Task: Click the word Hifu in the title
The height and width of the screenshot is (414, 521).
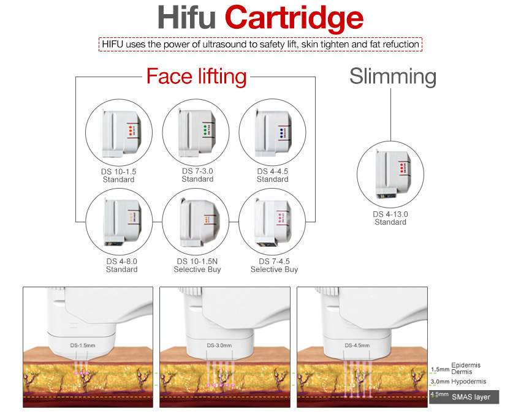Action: click(186, 18)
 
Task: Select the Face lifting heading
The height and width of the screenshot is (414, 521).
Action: click(196, 77)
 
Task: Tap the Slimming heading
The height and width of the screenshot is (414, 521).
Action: click(393, 77)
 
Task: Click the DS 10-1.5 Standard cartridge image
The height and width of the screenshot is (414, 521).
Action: click(119, 132)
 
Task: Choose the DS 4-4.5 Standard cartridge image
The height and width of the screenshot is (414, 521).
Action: click(272, 131)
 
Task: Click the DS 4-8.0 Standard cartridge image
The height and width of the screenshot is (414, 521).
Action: click(119, 220)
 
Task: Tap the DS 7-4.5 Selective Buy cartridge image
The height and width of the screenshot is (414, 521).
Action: click(272, 220)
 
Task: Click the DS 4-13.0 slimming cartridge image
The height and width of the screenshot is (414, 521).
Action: click(390, 173)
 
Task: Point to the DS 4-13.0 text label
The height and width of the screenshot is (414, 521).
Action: click(390, 214)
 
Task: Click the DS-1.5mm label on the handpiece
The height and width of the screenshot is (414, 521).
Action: click(82, 345)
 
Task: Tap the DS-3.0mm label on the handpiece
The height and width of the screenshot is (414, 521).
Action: click(219, 345)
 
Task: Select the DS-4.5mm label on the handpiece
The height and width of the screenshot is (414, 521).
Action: click(357, 345)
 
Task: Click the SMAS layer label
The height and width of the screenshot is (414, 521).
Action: click(471, 397)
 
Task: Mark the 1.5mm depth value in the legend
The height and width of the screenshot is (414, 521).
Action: click(439, 369)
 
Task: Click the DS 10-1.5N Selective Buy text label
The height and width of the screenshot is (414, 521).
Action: click(197, 265)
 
